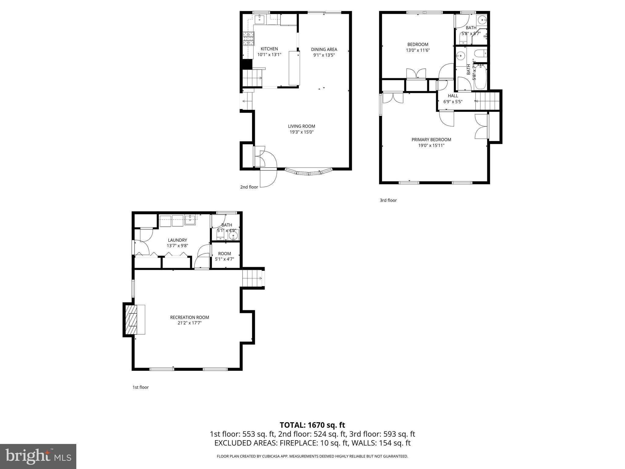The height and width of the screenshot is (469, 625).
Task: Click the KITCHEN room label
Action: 269,49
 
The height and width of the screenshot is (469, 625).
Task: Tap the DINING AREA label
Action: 324,49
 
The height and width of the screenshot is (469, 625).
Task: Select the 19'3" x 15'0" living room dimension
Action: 302,132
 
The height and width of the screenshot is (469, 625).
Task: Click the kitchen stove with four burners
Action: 248,39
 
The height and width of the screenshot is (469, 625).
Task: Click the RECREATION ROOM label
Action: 190,317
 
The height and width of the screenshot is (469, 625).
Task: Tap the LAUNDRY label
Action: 177,240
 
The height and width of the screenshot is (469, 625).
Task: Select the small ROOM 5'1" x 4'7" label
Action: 225,253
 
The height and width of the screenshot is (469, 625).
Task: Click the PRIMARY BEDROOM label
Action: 431,140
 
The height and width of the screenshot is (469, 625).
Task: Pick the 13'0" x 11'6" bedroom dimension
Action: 417,50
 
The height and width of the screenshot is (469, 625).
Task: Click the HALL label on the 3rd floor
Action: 453,96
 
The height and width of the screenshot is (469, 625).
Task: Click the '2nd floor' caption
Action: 249,187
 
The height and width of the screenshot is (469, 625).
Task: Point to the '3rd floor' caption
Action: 388,200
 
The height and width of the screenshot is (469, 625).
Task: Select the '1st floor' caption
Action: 140,387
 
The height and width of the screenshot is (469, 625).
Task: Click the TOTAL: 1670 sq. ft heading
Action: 312,425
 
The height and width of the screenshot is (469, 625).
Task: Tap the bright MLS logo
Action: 38,456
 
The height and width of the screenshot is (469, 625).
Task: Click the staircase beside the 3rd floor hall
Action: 487,101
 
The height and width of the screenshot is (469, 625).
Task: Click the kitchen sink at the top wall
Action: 259,19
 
